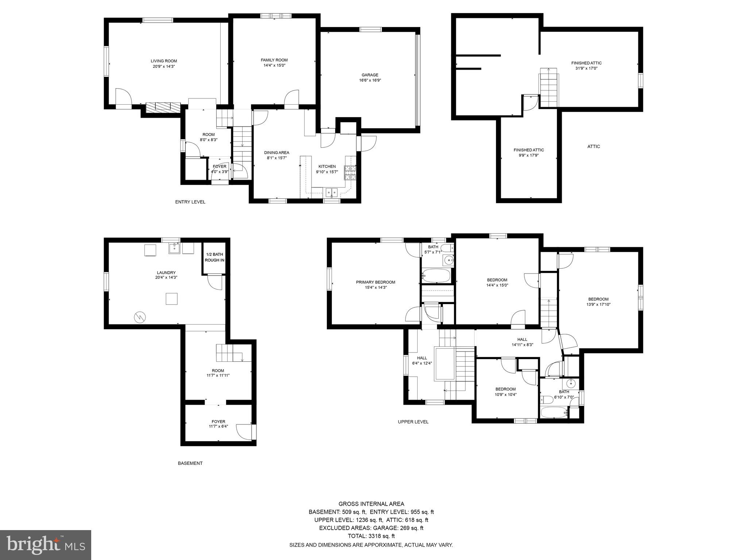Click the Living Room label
[x=164, y=61]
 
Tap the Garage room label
[x=370, y=75]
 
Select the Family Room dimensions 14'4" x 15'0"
[x=274, y=66]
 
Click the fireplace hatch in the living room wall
[x=163, y=107]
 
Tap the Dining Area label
[x=276, y=153]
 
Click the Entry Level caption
[x=190, y=202]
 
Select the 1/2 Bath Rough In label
[x=214, y=257]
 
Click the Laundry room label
[x=166, y=273]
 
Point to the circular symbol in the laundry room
[x=139, y=317]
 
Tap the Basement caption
[x=190, y=463]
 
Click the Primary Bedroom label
[x=375, y=282]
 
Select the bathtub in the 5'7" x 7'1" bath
[x=437, y=276]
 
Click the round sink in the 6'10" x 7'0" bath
[x=571, y=384]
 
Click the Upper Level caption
[x=413, y=422]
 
